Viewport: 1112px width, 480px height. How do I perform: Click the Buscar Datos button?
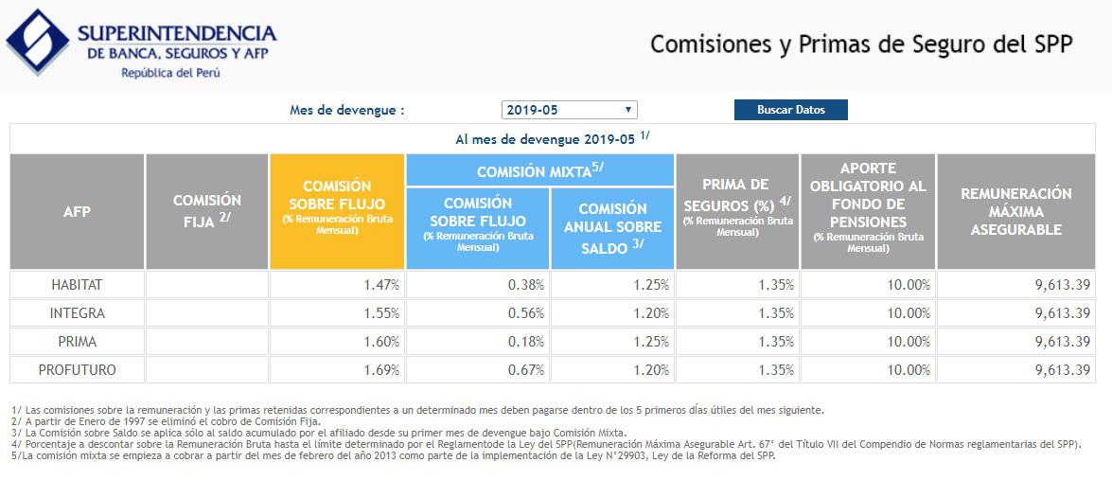click(x=790, y=110)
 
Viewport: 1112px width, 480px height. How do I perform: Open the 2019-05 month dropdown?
click(x=569, y=110)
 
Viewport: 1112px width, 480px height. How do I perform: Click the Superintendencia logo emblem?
click(x=37, y=43)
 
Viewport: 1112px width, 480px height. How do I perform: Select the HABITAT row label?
click(x=78, y=285)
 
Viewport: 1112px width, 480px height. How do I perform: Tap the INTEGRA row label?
click(x=78, y=313)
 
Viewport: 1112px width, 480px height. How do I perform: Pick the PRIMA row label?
click(x=78, y=342)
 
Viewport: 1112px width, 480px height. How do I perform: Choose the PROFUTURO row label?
click(x=78, y=370)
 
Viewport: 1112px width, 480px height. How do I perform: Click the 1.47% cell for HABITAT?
click(x=381, y=285)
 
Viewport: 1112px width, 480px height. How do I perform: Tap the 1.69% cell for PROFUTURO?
click(x=381, y=370)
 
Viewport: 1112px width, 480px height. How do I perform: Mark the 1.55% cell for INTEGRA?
click(x=381, y=313)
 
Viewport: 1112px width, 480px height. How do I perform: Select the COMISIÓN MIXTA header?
click(x=539, y=171)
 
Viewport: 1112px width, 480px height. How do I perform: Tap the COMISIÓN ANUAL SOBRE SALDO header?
click(x=612, y=228)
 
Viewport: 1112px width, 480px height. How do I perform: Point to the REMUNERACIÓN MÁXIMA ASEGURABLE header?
click(x=1015, y=211)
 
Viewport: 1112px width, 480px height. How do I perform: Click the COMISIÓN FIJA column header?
click(x=207, y=211)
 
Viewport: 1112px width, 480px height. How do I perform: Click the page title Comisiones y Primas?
click(x=860, y=44)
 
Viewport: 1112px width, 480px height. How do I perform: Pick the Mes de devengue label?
click(x=347, y=110)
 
